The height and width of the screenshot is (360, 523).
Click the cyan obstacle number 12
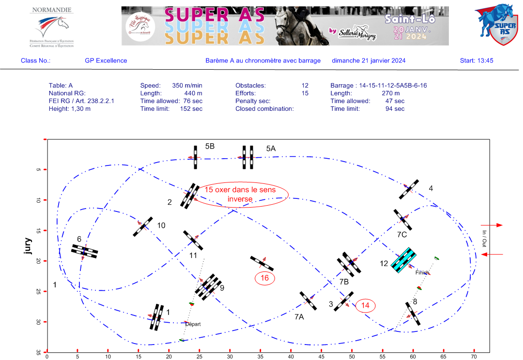404,260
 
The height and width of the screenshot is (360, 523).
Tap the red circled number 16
264,278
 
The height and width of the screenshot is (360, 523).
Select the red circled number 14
365,305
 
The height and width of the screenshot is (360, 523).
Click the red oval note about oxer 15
240,195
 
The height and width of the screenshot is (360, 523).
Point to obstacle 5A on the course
248,157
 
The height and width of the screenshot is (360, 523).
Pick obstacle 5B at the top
195,157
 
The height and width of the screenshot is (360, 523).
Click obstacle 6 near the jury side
85,251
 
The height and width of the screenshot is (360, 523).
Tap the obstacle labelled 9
208,287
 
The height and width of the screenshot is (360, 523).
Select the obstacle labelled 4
409,189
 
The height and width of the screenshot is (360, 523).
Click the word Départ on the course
192,324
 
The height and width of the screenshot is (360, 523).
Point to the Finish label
421,273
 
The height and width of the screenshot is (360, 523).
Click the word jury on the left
28,246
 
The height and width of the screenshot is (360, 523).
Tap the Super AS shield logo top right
494,25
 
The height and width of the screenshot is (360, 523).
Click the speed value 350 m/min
187,86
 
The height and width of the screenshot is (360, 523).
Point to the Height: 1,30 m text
70,109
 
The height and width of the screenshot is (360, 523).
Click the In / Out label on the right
484,239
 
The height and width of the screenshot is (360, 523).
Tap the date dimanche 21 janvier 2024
369,60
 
